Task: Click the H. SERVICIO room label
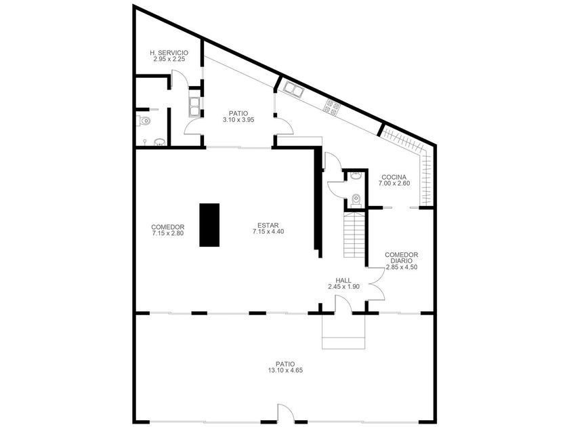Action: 169,53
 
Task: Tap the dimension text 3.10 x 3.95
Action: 238,119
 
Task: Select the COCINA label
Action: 394,178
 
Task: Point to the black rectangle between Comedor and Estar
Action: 209,225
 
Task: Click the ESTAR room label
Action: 268,226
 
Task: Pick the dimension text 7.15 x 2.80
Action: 168,233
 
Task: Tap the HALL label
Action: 343,281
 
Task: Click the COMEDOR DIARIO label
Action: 401,258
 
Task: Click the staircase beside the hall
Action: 354,235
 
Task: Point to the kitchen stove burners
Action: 332,107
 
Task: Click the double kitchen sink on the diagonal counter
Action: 293,89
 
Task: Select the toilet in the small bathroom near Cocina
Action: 356,201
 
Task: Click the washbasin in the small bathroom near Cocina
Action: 356,176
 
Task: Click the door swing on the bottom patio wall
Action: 286,413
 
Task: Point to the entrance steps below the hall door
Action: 343,331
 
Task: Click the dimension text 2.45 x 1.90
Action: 343,287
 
